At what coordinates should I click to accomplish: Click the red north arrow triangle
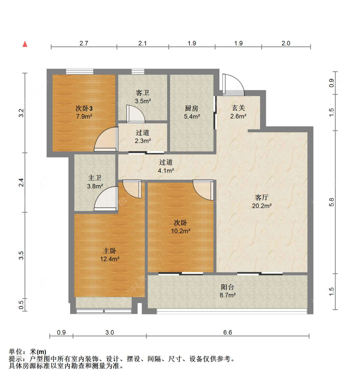25,44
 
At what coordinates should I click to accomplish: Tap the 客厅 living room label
262,197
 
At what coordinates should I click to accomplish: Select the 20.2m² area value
262,206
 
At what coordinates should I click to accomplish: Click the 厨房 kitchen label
192,108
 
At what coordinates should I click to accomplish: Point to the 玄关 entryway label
238,108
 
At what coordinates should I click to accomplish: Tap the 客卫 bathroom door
135,114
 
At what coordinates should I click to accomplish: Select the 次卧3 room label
84,108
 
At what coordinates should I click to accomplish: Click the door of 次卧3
105,139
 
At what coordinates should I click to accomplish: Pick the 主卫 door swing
105,198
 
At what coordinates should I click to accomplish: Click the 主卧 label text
109,251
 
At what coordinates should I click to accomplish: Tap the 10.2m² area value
180,231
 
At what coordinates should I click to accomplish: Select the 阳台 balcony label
228,287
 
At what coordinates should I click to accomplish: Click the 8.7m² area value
228,295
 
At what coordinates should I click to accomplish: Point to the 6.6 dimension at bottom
228,332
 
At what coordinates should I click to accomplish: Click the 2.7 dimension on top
84,43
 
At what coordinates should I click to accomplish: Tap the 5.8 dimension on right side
332,202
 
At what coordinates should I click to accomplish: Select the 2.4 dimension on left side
21,183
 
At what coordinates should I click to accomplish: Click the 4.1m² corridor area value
166,170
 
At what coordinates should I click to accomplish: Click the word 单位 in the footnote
15,352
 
